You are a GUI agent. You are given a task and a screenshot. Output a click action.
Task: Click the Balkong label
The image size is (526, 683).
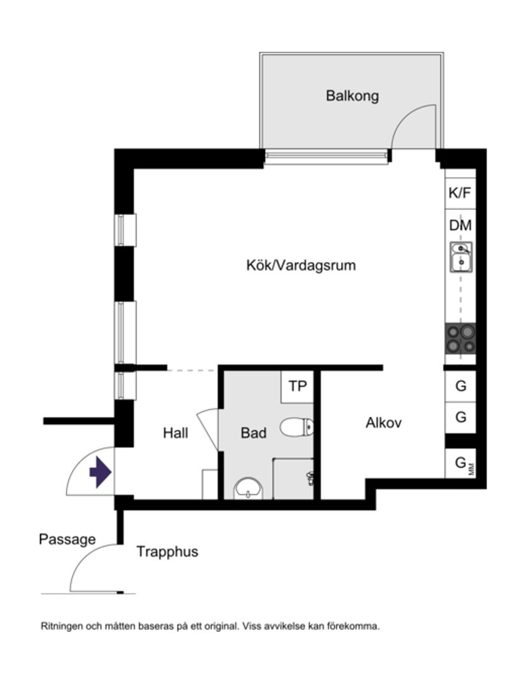(352, 96)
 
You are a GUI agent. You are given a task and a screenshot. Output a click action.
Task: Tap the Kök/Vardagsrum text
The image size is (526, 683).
(301, 265)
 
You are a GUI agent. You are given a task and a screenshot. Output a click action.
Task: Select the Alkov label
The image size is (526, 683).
(384, 422)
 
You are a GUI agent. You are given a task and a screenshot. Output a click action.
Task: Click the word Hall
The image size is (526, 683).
(175, 433)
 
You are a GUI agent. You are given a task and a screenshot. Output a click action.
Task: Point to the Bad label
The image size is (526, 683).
(253, 433)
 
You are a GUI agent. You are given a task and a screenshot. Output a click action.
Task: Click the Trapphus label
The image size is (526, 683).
(167, 552)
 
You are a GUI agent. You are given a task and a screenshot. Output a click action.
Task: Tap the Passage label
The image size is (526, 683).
(67, 539)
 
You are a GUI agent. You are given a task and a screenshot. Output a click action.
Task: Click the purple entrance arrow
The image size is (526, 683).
(101, 473)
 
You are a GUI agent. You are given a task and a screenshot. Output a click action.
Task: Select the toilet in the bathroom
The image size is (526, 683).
(297, 427)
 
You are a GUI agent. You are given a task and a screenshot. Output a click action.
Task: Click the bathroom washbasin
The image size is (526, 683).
(249, 489)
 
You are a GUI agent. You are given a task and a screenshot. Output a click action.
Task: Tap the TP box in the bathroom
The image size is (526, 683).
(297, 386)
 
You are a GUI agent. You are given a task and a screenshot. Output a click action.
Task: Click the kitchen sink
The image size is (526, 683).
(460, 257)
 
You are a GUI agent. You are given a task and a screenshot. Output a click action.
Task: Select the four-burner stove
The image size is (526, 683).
(460, 338)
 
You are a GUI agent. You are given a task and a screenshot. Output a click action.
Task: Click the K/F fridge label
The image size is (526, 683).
(460, 193)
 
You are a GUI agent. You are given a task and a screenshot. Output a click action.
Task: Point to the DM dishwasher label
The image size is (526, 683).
(460, 225)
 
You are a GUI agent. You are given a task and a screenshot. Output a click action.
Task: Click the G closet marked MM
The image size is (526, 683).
(461, 464)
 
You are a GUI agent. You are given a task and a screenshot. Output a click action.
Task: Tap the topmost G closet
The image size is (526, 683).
(460, 386)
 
